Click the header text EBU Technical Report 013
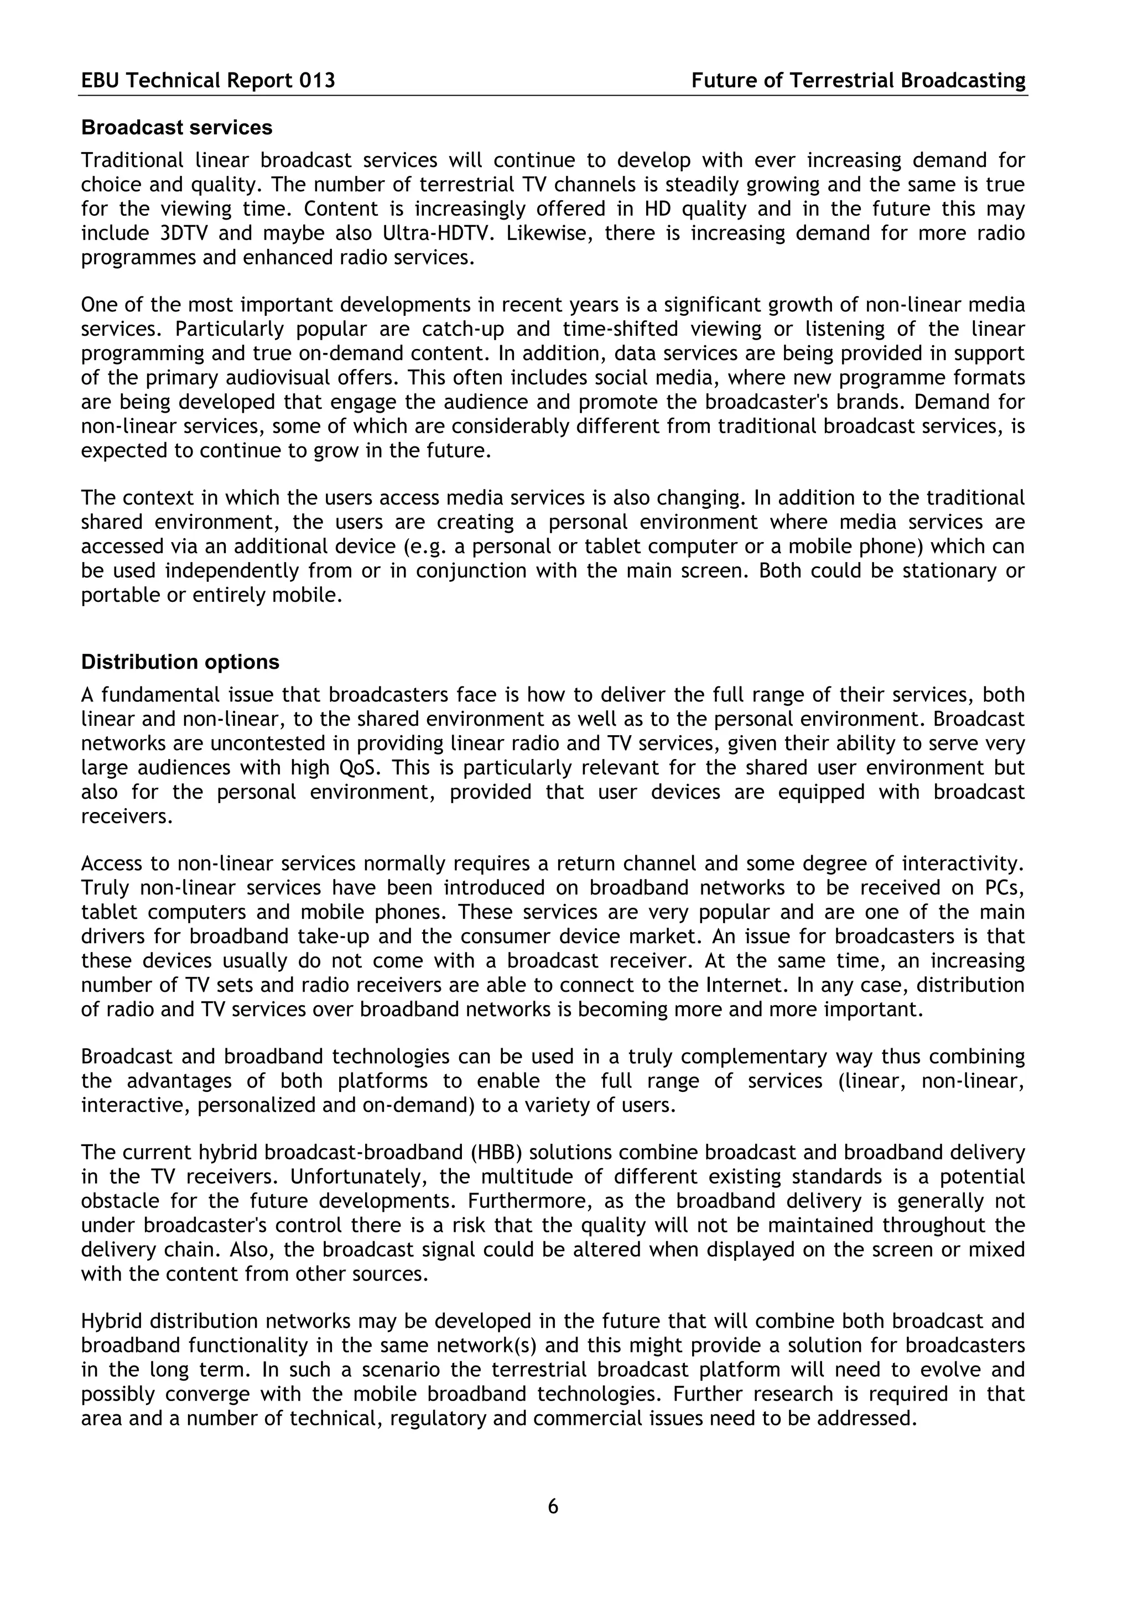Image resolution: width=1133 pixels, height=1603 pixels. pyautogui.click(x=208, y=81)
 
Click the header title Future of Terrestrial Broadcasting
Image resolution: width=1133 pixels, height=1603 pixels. pyautogui.click(x=858, y=81)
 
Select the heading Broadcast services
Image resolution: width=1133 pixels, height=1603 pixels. pyautogui.click(x=176, y=128)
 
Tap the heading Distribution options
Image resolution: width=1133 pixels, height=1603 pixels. pyautogui.click(x=180, y=662)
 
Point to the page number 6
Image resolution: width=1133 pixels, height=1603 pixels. pyautogui.click(x=553, y=1506)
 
